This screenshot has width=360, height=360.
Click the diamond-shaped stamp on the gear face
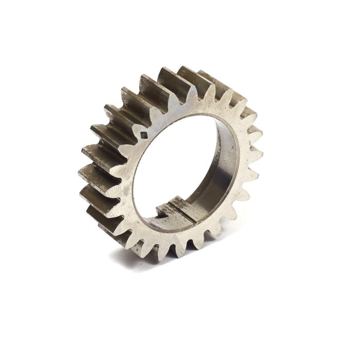pyautogui.click(x=145, y=135)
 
